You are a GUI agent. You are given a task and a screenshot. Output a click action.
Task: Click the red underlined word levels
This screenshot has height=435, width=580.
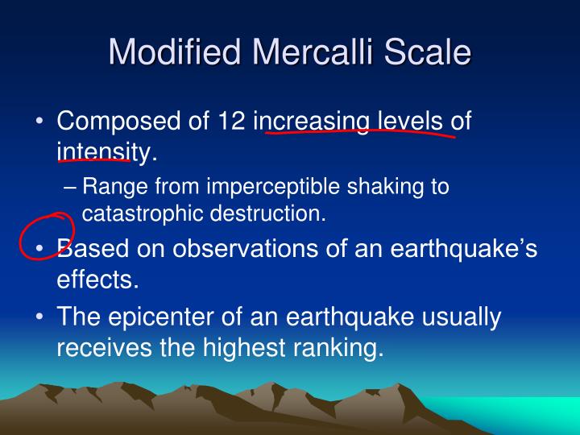[x=410, y=122]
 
